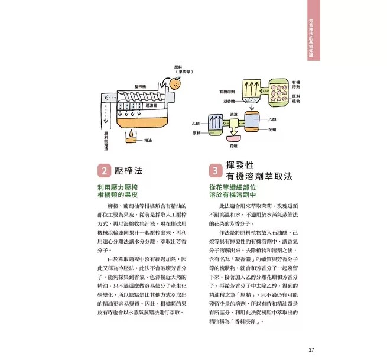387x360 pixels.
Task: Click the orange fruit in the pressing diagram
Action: point(175,85)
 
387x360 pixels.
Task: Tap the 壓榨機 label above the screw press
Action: point(140,86)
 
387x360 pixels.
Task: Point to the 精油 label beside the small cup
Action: point(148,140)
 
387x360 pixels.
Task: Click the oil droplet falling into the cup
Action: point(128,134)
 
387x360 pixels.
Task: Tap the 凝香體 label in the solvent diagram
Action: point(228,101)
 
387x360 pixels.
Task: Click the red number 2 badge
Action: point(103,171)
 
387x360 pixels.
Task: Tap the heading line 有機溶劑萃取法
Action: point(259,177)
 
